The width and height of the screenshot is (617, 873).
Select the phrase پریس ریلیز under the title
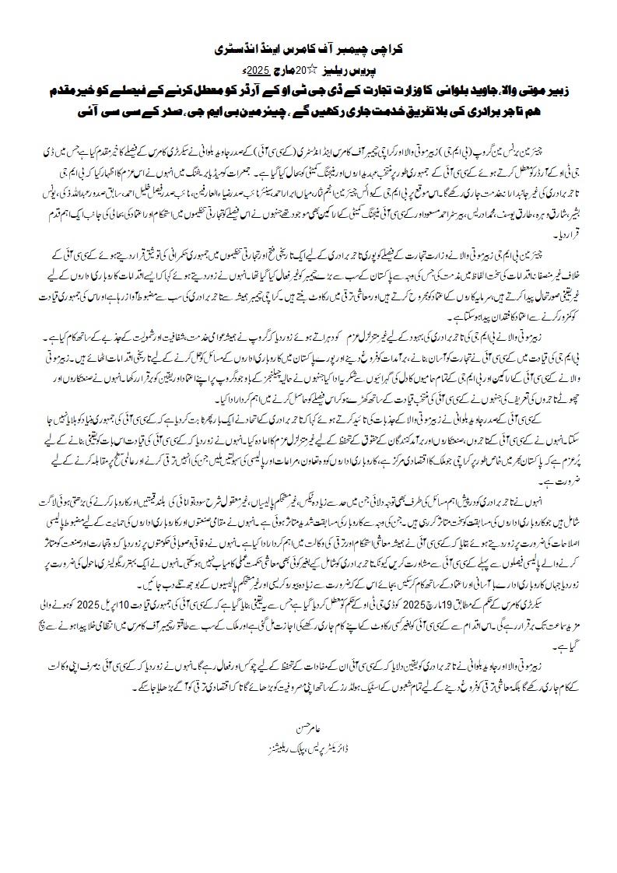click(345, 69)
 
